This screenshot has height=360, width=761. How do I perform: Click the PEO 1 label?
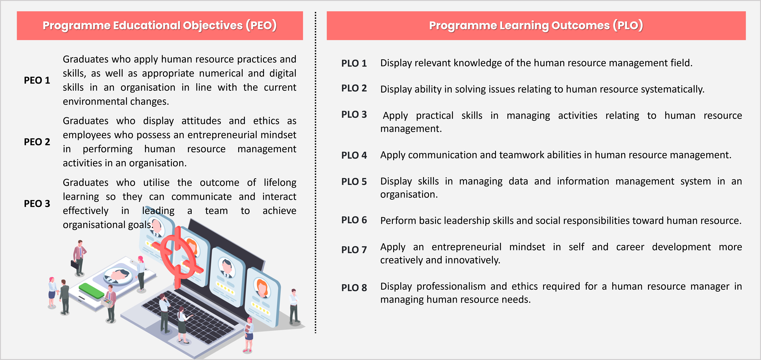(x=37, y=80)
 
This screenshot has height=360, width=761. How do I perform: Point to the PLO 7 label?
(x=354, y=250)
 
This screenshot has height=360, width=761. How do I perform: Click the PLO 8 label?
(x=354, y=288)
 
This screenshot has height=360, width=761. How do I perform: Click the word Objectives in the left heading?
(x=213, y=26)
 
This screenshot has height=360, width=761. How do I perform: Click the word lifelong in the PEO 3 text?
(x=280, y=183)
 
